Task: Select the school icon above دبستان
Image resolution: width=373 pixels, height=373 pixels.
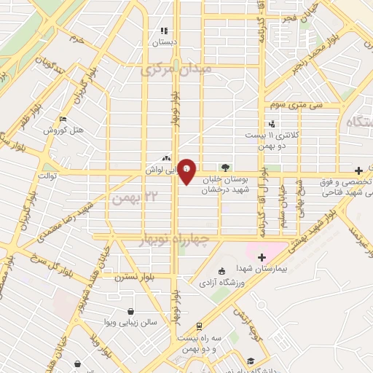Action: click(x=164, y=31)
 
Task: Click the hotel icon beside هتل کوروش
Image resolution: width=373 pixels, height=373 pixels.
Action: click(x=63, y=119)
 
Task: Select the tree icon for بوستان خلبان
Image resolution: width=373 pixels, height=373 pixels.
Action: click(x=225, y=167)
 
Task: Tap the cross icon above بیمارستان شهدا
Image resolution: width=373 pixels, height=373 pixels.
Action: click(x=262, y=257)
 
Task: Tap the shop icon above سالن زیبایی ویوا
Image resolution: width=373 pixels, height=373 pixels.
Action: click(x=130, y=310)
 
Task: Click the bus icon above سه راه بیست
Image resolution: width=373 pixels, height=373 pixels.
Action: click(x=198, y=326)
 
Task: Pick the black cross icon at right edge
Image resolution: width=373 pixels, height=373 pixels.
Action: click(x=358, y=169)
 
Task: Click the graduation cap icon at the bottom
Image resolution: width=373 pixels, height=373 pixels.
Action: click(x=251, y=362)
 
